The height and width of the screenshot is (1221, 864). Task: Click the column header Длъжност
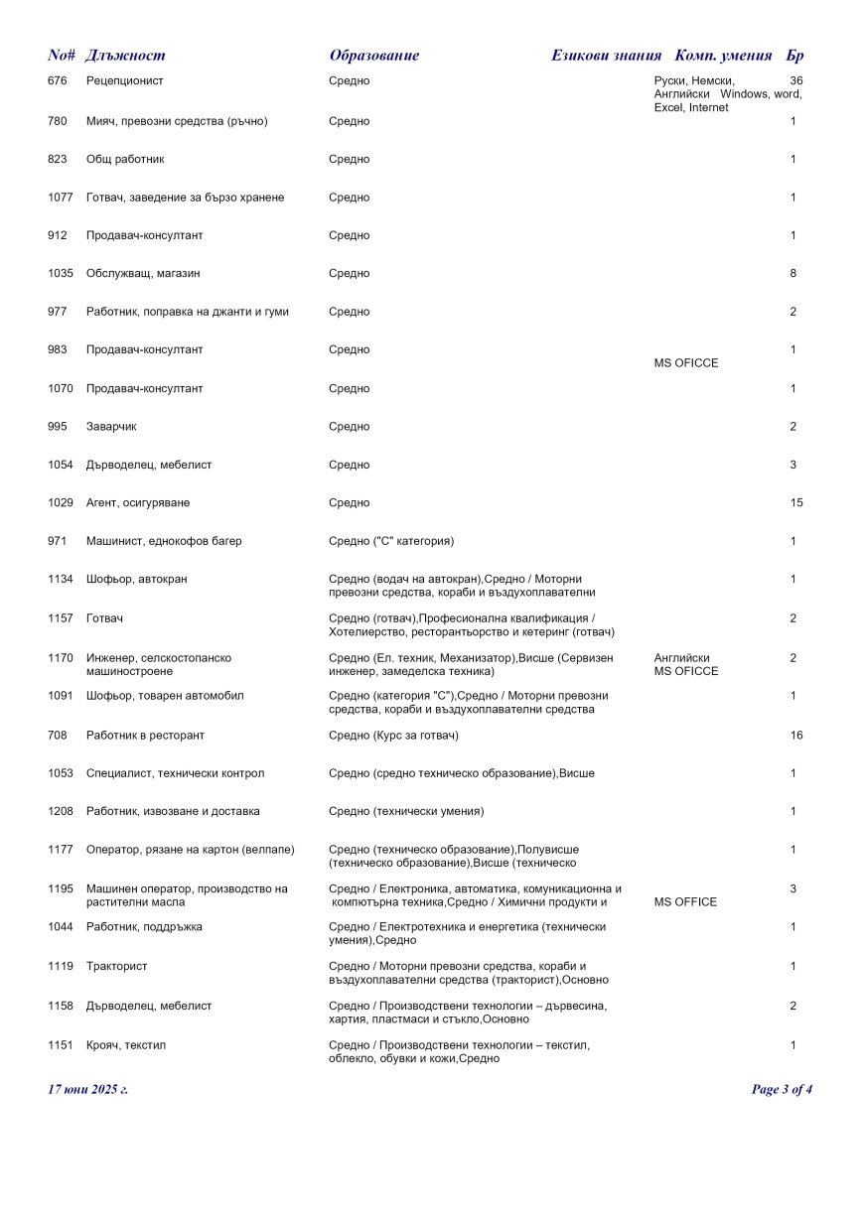125,56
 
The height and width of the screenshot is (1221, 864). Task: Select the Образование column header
373,56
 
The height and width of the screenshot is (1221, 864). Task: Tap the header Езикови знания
606,56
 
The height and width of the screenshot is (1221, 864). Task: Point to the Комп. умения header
723,56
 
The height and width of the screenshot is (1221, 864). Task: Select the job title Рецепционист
125,80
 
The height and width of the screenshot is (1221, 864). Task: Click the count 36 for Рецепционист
795,80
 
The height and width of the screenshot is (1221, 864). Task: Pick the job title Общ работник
125,159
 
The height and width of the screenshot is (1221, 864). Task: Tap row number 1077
61,198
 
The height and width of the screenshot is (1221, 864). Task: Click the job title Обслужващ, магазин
144,273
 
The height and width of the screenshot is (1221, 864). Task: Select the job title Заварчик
111,427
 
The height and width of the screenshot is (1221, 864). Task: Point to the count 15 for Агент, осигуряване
796,503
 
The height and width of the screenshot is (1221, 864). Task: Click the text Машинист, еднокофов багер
164,541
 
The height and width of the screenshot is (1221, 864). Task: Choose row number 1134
61,579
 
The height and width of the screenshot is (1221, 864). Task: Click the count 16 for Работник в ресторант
796,736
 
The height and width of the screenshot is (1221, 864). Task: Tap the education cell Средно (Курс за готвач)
393,736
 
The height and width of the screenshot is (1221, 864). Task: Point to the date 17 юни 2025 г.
87,1089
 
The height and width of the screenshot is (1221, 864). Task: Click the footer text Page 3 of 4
782,1089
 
